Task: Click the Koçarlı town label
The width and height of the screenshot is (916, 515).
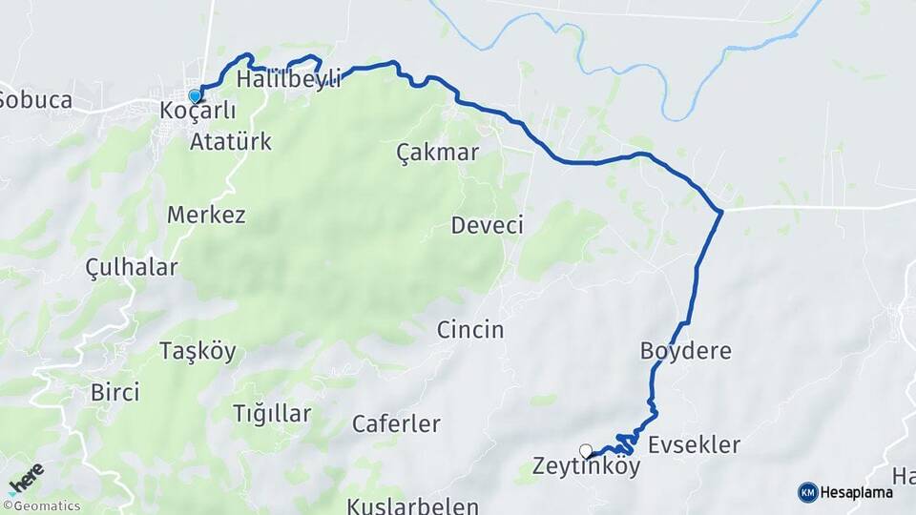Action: coord(198,111)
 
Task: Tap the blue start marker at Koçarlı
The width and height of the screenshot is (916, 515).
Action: coord(195,96)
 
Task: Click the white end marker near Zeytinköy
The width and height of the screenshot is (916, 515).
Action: coord(585,450)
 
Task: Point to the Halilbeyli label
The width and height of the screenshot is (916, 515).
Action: coord(289,78)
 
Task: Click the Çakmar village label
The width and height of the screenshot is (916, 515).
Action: coord(437,153)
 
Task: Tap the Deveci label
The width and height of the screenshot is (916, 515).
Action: coord(488,226)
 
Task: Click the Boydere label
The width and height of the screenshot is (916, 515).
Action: coord(686,351)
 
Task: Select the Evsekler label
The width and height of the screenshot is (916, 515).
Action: coord(694,445)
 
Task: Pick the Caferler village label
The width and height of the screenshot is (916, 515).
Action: coord(396,423)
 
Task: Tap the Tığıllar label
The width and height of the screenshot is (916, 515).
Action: coord(272,414)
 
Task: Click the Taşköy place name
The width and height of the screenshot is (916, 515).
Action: coord(198,351)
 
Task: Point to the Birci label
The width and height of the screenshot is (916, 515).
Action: coord(114,392)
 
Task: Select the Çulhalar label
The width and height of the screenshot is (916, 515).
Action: coord(132,267)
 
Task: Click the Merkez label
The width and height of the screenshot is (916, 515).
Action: coord(206,215)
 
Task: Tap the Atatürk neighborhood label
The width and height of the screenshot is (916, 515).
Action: coord(231,143)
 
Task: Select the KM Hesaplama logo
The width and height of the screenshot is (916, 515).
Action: coord(845,492)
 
